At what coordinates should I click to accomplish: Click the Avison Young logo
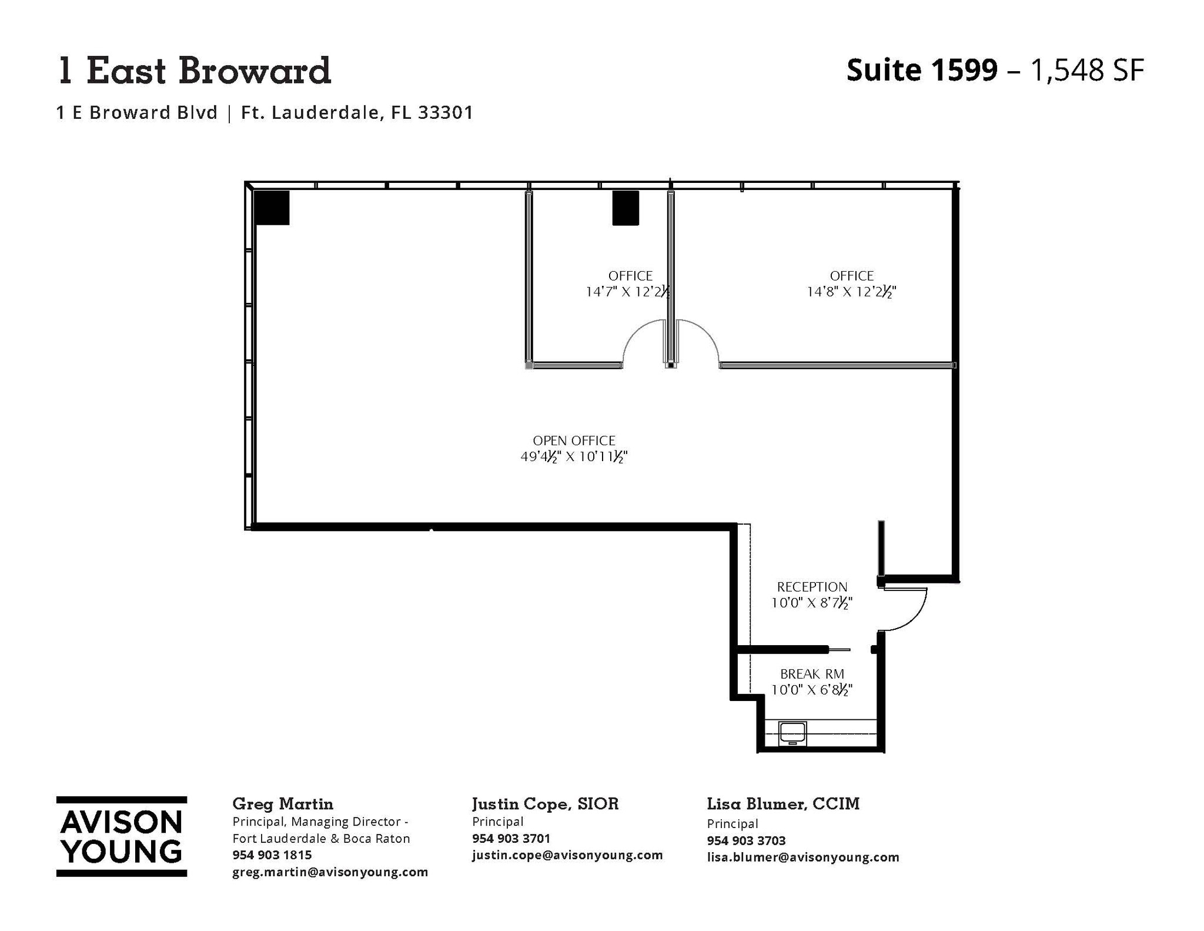pos(122,836)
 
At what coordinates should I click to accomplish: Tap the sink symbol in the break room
pos(792,733)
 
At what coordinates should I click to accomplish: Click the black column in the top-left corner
pos(272,208)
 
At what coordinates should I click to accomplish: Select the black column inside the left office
pos(625,208)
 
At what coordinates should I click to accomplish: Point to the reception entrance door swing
pos(904,610)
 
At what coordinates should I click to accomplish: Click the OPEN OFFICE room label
pos(574,441)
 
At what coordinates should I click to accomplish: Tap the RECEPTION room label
pos(812,586)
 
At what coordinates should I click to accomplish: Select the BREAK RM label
pos(812,674)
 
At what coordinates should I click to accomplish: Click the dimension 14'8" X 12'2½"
pos(851,292)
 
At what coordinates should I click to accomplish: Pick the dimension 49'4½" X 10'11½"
pos(574,456)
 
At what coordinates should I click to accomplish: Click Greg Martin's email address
pos(330,872)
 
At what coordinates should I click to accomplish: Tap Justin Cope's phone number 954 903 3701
pos(511,838)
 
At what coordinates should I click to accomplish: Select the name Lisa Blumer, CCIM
pos(782,804)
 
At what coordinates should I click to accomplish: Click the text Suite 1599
pos(921,71)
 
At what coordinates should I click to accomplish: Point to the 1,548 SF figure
pos(1087,71)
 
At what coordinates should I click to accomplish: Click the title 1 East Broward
pos(194,71)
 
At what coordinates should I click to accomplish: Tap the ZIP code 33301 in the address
pos(445,112)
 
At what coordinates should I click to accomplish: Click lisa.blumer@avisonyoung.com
pos(802,857)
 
